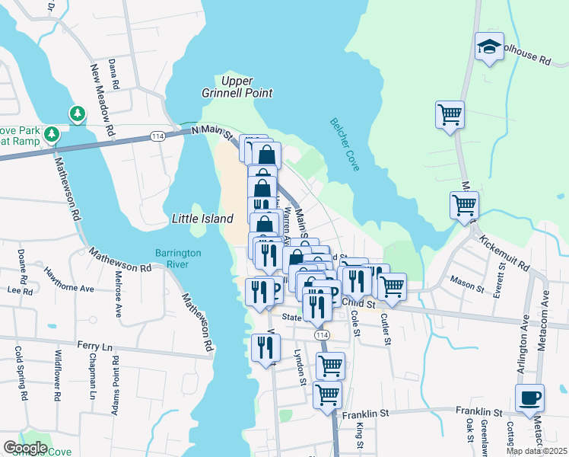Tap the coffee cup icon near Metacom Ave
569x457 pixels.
[x=529, y=398]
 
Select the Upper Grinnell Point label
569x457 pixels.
[x=246, y=87]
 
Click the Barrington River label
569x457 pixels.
[x=177, y=258]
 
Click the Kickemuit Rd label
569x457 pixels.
[x=504, y=254]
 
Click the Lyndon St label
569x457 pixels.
[x=300, y=368]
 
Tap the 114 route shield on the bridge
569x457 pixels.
[x=157, y=136]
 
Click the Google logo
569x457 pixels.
[x=25, y=448]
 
